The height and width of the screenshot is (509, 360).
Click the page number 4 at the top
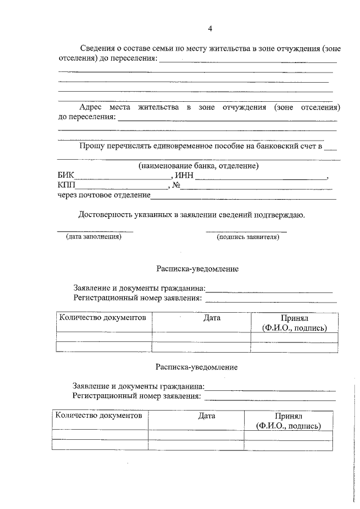(210, 29)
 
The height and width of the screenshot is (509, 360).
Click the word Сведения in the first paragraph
(96, 48)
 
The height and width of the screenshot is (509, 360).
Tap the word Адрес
(91, 107)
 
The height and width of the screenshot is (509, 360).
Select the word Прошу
(91, 147)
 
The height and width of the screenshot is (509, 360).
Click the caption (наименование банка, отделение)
(199, 166)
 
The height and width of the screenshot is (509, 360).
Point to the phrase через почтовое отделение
(103, 196)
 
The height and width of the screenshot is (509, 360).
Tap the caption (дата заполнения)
(94, 237)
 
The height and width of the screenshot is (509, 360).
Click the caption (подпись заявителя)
(247, 237)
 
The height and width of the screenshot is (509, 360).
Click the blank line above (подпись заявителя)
(246, 231)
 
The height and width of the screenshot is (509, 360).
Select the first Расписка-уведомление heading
(197, 269)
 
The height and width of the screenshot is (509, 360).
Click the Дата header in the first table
(212, 318)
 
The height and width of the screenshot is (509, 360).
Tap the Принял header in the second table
(289, 416)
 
